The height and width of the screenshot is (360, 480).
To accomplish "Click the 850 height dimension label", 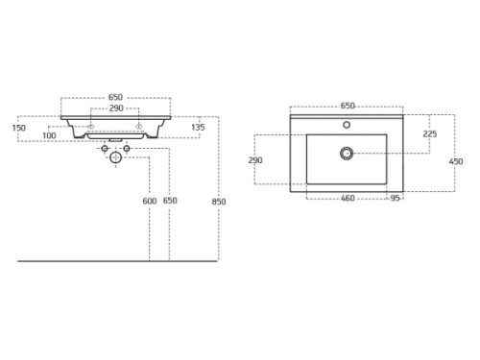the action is (219, 202).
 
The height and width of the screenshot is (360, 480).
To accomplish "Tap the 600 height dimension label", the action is (150, 201).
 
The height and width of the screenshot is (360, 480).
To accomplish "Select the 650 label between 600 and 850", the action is (170, 201).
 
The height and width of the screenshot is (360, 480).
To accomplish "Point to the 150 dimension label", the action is (19, 128).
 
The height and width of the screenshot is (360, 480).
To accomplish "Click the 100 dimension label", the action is (49, 135).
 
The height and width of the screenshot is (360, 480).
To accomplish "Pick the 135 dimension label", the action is (198, 128).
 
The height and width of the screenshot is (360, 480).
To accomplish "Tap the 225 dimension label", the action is (430, 133).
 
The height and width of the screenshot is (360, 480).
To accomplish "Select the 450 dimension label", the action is (456, 161).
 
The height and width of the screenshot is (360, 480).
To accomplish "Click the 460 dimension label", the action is (348, 199).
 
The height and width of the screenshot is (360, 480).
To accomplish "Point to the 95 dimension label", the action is (395, 199).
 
